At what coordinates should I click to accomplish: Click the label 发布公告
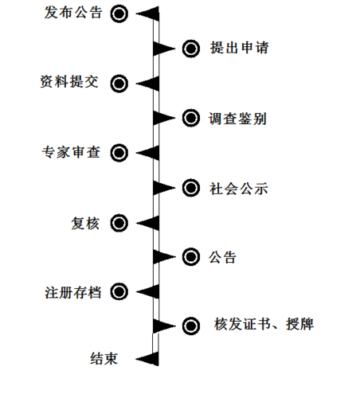(x=73, y=13)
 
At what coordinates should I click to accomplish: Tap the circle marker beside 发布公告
(x=119, y=14)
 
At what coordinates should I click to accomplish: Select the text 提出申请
(x=240, y=48)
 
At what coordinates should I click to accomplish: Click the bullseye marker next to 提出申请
(x=191, y=49)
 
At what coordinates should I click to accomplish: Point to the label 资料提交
(x=69, y=81)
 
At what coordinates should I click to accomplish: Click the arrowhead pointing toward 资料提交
(x=147, y=84)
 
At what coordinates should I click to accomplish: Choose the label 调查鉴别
(x=237, y=119)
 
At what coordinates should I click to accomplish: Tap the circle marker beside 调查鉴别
(x=191, y=118)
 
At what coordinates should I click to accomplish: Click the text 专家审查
(x=71, y=152)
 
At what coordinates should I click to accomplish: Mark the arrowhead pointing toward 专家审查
(x=147, y=153)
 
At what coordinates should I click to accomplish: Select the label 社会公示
(x=239, y=189)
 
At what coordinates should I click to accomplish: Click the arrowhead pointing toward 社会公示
(x=164, y=188)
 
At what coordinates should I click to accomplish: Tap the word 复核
(x=85, y=223)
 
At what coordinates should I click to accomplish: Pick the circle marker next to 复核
(x=119, y=223)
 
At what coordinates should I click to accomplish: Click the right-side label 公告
(x=222, y=257)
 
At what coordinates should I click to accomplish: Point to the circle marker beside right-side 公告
(x=191, y=256)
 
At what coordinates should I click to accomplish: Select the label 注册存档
(x=73, y=292)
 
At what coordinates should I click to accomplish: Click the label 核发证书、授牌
(x=264, y=324)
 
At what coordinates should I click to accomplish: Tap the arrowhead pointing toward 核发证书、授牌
(x=164, y=326)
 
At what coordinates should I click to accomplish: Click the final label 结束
(x=104, y=358)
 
